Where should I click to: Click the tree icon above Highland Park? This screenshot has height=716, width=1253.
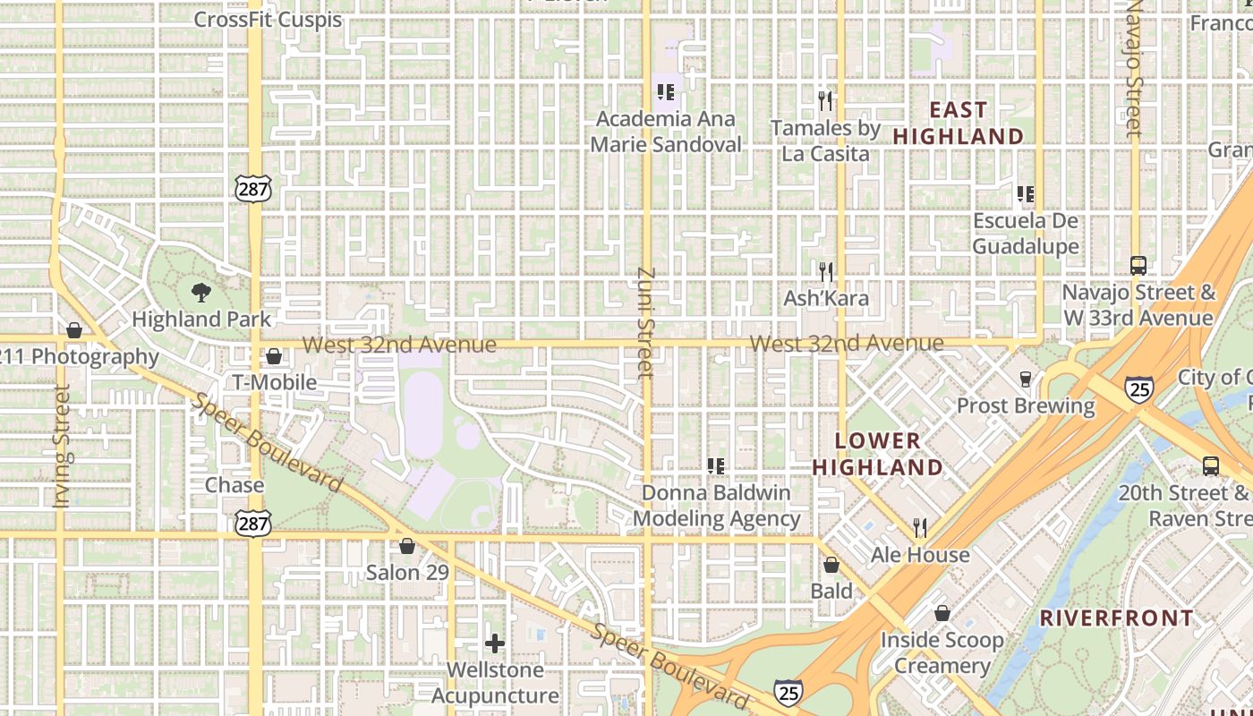(x=200, y=291)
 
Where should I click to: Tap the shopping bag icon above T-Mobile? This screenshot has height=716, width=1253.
(x=274, y=356)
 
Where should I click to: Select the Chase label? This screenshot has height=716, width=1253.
(x=234, y=485)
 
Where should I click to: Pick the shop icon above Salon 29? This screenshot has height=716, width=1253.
(x=407, y=545)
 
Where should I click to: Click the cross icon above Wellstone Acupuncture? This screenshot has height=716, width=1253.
(x=495, y=643)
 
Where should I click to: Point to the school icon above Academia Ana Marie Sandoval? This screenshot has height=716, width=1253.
(x=665, y=91)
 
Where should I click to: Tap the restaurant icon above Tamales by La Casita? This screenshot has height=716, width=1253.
(x=825, y=100)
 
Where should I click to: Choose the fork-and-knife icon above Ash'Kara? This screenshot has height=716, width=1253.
(x=826, y=270)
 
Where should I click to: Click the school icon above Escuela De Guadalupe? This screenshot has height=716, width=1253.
(x=1026, y=193)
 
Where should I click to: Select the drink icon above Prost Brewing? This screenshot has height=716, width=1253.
(x=1026, y=379)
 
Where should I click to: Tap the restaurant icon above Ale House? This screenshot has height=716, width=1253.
(x=920, y=527)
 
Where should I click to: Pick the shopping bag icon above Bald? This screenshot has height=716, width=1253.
(x=831, y=565)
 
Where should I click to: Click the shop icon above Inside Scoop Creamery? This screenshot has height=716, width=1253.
(x=942, y=613)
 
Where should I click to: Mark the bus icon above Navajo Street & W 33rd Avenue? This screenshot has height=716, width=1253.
(x=1138, y=265)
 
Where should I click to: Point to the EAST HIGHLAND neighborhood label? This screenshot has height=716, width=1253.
(x=959, y=123)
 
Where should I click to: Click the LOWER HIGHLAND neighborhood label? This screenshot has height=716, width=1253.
(x=877, y=454)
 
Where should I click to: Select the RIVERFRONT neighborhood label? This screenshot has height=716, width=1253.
(x=1117, y=618)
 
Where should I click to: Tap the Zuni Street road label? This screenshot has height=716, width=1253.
(x=647, y=322)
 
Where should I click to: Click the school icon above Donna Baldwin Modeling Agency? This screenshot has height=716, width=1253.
(x=716, y=465)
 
